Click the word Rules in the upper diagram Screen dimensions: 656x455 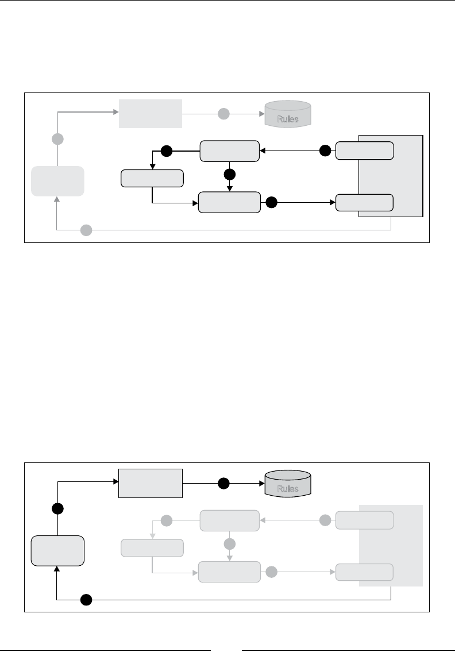point(287,119)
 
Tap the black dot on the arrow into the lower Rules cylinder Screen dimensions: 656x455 point(224,484)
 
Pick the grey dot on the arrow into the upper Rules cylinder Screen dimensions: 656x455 point(224,114)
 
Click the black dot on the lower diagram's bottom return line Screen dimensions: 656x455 point(86,600)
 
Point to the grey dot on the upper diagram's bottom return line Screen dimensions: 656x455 point(86,230)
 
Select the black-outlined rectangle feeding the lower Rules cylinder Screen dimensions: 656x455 point(150,484)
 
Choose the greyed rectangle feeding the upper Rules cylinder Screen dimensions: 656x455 point(150,114)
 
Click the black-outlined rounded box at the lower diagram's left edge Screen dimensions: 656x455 point(57,551)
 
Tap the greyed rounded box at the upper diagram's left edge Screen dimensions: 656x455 point(57,181)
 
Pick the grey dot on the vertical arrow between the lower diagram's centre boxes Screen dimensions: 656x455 point(230,543)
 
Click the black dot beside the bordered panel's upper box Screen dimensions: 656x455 point(325,151)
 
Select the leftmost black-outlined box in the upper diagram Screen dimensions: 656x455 point(152,179)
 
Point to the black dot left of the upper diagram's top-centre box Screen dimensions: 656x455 point(166,151)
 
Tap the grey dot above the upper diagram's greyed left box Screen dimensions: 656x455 point(57,139)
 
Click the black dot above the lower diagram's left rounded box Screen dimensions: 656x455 point(57,509)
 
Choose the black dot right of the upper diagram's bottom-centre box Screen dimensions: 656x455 point(272,202)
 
